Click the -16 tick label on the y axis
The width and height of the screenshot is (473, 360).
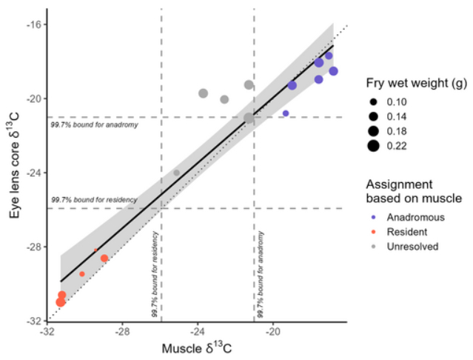(33, 24)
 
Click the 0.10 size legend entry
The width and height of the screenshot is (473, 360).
(406, 101)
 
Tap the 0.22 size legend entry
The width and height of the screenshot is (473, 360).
(406, 145)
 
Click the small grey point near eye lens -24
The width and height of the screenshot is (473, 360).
(176, 173)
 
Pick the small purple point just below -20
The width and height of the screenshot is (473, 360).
(286, 113)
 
